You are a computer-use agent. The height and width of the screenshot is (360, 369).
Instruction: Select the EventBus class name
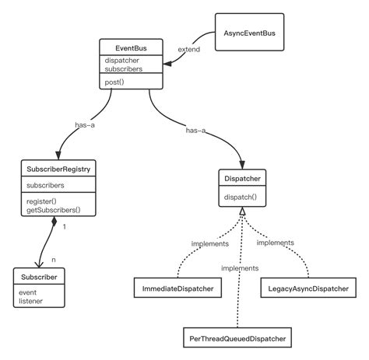click(132, 48)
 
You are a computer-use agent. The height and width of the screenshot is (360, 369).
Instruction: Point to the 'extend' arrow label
click(188, 49)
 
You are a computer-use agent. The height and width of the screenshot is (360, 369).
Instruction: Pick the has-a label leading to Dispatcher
click(196, 131)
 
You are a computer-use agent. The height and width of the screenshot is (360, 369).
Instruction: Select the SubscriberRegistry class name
click(60, 169)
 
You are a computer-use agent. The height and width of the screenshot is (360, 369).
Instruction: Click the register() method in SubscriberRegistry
click(42, 201)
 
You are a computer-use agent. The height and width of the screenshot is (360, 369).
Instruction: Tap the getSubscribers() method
click(54, 210)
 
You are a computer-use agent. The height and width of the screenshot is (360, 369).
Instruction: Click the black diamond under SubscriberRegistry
click(54, 223)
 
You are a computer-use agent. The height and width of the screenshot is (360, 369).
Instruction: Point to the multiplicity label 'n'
click(54, 260)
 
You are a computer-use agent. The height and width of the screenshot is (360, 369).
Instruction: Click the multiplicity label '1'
click(63, 228)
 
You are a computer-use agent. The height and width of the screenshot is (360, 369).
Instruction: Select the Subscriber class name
click(40, 277)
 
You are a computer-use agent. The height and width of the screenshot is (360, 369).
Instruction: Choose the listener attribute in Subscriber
click(32, 299)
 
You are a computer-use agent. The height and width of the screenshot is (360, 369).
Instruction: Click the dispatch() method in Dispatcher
click(241, 197)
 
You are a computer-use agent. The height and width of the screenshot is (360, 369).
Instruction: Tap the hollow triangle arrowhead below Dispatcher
click(243, 212)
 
